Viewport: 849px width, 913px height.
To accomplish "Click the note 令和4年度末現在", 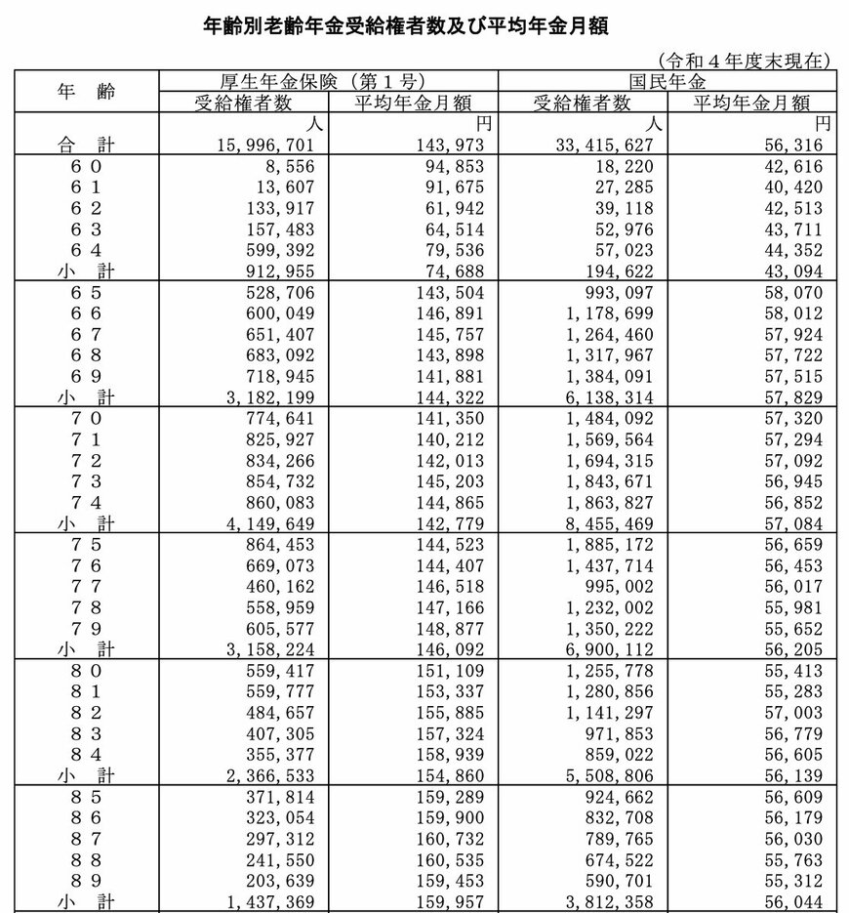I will [x=745, y=61].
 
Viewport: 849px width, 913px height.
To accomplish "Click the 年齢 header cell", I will [x=85, y=93].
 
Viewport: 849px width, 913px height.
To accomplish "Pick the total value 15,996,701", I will [x=274, y=145].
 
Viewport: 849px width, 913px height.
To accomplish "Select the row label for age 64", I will [x=85, y=249].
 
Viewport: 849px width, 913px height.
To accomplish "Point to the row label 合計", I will [x=85, y=145].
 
